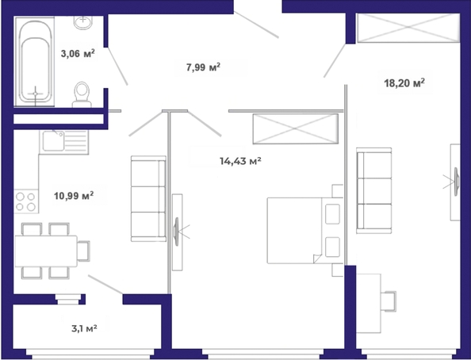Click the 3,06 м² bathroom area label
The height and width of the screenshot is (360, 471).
[x=78, y=53]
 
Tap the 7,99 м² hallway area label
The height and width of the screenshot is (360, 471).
[x=203, y=67]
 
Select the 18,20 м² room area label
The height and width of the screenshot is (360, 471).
[x=404, y=82]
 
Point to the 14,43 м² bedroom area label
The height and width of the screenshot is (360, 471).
[x=240, y=161]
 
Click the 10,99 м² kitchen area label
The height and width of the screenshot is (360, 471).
[x=74, y=196]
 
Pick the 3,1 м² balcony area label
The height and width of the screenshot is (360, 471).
[x=84, y=328]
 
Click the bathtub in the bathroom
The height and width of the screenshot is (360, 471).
[x=35, y=62]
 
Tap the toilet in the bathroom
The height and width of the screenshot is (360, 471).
[x=82, y=94]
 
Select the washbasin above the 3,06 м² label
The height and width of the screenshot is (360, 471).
[x=83, y=22]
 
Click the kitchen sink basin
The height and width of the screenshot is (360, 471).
[x=53, y=141]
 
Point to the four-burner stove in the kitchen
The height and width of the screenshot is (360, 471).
[x=26, y=201]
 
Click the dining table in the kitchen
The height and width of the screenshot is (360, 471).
[x=46, y=251]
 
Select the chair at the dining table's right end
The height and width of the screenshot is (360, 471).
[x=83, y=251]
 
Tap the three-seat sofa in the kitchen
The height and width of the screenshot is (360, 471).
[x=148, y=198]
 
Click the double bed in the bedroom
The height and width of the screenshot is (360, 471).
[x=305, y=231]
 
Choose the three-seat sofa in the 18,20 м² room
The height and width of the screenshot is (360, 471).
[x=374, y=190]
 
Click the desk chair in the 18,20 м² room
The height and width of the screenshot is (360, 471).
[x=389, y=301]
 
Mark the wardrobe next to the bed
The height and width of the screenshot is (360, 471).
[x=296, y=128]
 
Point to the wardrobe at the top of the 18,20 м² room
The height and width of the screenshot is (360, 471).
[x=408, y=27]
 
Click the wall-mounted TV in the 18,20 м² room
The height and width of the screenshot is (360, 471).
[x=456, y=182]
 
